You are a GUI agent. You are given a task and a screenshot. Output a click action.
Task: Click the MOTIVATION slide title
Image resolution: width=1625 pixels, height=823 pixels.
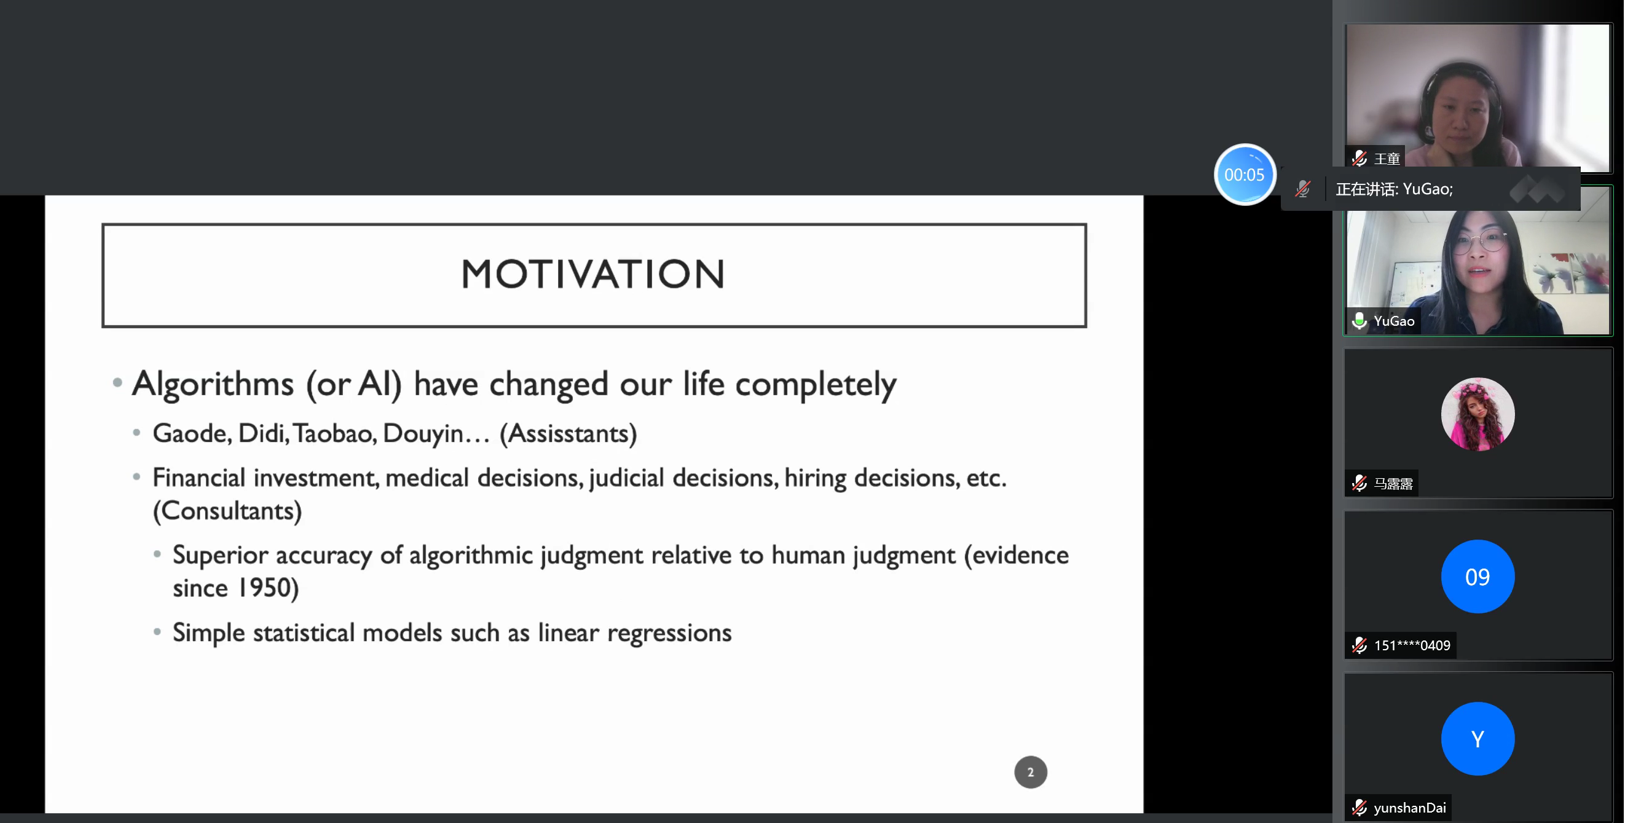[x=593, y=274]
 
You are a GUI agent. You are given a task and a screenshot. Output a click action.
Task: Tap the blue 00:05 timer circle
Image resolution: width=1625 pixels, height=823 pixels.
[x=1245, y=175]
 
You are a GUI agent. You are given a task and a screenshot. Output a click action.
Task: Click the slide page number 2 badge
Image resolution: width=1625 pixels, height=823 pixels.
[x=1030, y=772]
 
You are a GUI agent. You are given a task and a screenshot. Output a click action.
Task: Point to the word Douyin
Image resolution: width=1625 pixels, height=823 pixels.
[x=423, y=434]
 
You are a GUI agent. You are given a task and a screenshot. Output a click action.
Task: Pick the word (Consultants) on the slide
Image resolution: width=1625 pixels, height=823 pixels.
[x=227, y=511]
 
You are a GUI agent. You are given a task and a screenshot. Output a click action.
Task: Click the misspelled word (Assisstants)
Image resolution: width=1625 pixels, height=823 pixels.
[x=569, y=434]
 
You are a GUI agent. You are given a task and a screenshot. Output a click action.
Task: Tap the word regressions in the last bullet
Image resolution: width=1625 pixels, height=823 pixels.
[x=669, y=633]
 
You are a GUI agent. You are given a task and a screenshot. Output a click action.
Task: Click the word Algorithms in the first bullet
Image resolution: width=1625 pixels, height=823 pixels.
[x=213, y=384]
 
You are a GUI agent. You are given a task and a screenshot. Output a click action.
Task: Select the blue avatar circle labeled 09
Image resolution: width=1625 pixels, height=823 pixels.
[x=1477, y=577]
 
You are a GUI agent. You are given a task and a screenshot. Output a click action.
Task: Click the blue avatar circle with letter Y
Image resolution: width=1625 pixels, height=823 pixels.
[x=1477, y=739]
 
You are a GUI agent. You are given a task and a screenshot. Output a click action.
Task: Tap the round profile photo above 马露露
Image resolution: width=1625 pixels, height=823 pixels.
[x=1477, y=414]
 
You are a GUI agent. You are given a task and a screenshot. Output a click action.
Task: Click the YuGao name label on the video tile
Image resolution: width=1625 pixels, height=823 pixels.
[x=1394, y=321]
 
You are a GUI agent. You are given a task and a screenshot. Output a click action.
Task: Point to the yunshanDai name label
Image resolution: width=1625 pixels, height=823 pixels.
[x=1409, y=808]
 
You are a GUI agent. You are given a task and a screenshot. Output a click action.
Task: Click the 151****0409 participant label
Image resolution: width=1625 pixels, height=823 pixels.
[x=1412, y=645]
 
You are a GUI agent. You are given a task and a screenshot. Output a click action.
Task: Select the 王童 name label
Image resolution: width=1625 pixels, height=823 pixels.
[x=1387, y=159]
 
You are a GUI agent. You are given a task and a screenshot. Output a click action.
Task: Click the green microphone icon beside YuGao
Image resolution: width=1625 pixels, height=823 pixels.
[x=1359, y=321]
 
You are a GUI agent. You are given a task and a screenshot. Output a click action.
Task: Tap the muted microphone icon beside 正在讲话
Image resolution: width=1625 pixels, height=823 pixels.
[x=1303, y=189]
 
